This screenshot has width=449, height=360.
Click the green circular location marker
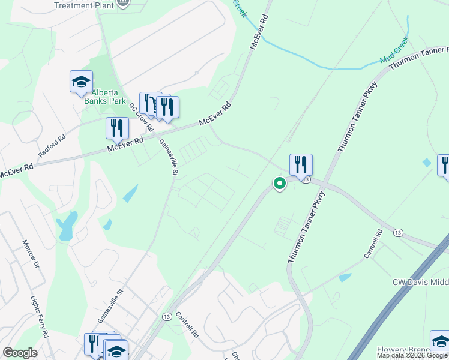pyautogui.click(x=279, y=183)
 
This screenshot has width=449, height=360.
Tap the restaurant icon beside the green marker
pyautogui.click(x=301, y=164)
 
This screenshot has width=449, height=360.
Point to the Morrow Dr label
pyautogui.click(x=31, y=254)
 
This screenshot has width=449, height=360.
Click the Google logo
pyautogui.click(x=19, y=353)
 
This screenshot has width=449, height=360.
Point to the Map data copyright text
pyautogui.click(x=412, y=355)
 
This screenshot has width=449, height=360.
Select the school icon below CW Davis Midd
pyautogui.click(x=440, y=340)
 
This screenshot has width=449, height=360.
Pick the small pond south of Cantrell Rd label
pyautogui.click(x=345, y=278)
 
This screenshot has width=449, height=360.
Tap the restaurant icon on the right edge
pyautogui.click(x=445, y=165)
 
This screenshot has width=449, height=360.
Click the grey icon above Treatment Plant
pyautogui.click(x=124, y=2)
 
